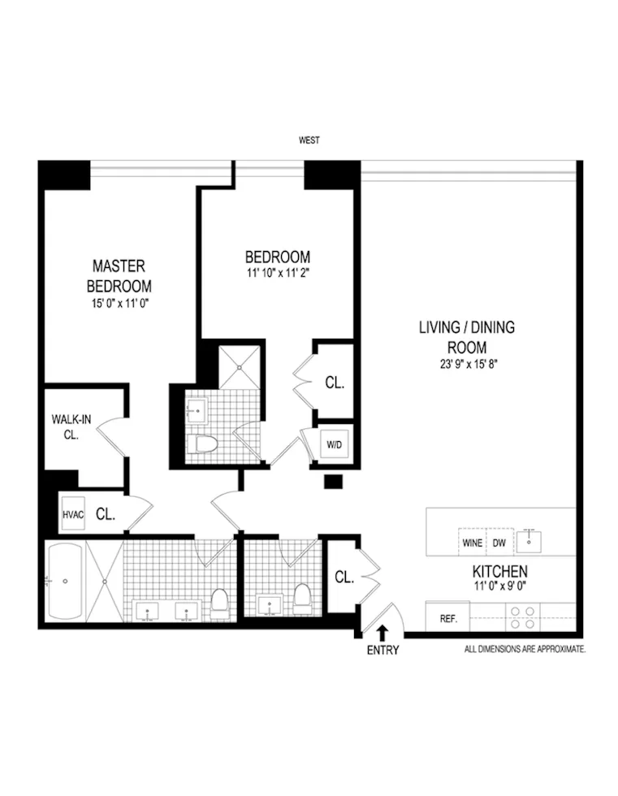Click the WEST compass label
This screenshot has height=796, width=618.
coord(309,141)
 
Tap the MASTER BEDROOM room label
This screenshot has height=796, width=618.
coord(119,276)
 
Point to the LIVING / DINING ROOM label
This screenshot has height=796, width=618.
coord(467,337)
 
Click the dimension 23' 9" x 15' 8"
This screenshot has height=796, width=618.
coord(467,365)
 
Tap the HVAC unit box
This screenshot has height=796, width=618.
coord(73,514)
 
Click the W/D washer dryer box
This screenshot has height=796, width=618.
coord(335,443)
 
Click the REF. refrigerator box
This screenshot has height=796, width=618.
coord(448,618)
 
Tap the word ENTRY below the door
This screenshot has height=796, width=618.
coord(382,650)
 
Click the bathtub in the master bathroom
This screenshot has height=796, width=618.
coord(65,580)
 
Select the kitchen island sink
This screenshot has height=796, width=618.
coord(533,537)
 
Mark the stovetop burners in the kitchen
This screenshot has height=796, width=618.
coord(525,616)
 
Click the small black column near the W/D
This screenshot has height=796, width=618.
coord(332,482)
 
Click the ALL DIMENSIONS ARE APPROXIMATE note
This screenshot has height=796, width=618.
coord(525,650)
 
